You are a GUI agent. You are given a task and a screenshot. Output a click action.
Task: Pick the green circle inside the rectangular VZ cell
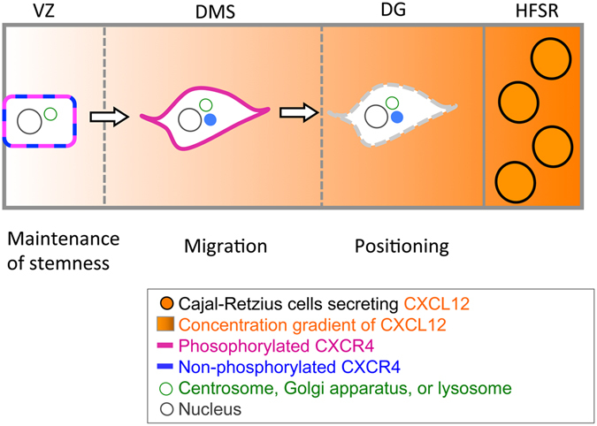51,113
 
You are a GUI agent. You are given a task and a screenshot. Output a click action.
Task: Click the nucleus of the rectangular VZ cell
29,120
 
